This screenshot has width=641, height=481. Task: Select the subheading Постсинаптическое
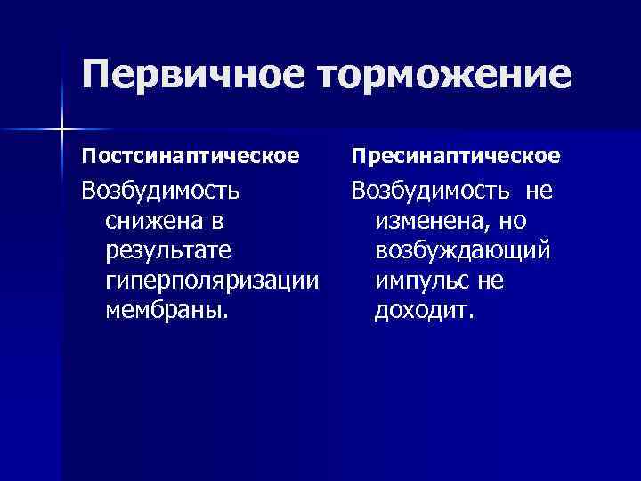pyautogui.click(x=190, y=157)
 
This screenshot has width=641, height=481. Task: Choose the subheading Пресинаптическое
pyautogui.click(x=455, y=157)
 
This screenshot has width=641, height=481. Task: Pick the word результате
pyautogui.click(x=167, y=251)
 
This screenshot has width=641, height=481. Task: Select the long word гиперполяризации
pyautogui.click(x=212, y=281)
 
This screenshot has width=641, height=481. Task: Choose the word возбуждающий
pyautogui.click(x=463, y=251)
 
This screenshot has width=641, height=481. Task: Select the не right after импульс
pyautogui.click(x=491, y=281)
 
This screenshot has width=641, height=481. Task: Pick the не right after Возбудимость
pyautogui.click(x=539, y=190)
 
